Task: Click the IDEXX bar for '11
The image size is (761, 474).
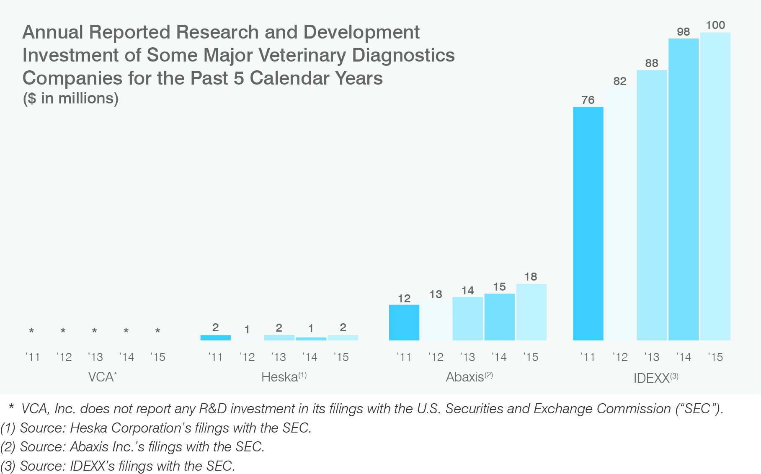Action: pyautogui.click(x=588, y=224)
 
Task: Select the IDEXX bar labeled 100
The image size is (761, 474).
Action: pyautogui.click(x=715, y=186)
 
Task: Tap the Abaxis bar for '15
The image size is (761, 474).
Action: pyautogui.click(x=531, y=312)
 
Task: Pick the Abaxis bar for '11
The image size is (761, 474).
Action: pyautogui.click(x=404, y=322)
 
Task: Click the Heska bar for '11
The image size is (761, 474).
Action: pyautogui.click(x=215, y=337)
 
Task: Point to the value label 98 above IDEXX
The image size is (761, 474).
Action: pyautogui.click(x=684, y=32)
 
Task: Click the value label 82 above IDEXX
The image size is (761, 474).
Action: pyautogui.click(x=620, y=81)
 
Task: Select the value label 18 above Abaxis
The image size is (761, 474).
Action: pyautogui.click(x=531, y=277)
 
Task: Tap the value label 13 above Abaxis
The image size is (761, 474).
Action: pyautogui.click(x=436, y=294)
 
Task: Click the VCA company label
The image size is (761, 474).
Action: pyautogui.click(x=102, y=377)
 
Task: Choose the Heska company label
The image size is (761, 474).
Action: pyautogui.click(x=284, y=377)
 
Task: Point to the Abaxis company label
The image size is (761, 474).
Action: pyautogui.click(x=469, y=377)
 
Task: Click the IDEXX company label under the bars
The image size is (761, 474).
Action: pyautogui.click(x=656, y=378)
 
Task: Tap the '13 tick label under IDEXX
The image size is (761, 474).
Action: pyautogui.click(x=652, y=357)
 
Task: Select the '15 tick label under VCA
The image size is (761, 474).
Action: pyautogui.click(x=158, y=357)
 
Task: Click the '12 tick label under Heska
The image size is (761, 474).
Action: pyautogui.click(x=247, y=357)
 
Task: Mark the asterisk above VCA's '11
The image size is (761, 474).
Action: pyautogui.click(x=31, y=331)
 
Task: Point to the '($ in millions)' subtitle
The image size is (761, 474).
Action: pyautogui.click(x=70, y=98)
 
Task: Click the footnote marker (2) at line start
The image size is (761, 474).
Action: pyautogui.click(x=8, y=447)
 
